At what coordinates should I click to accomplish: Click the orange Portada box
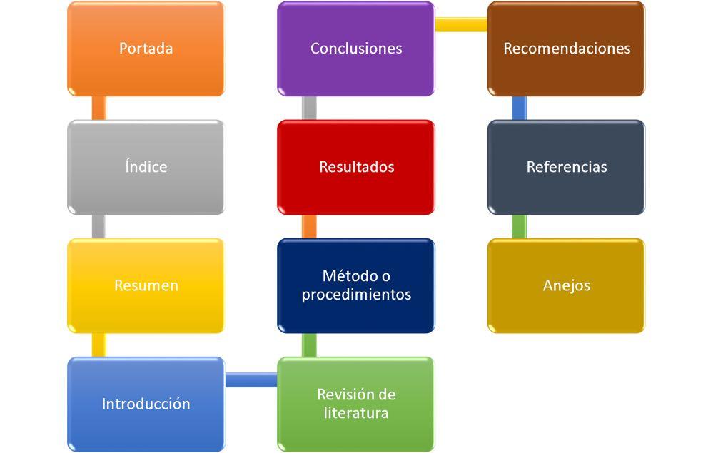click(x=146, y=49)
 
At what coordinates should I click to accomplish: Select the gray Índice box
click(x=146, y=167)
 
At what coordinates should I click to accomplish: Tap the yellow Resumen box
click(x=146, y=285)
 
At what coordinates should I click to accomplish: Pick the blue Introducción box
click(x=146, y=404)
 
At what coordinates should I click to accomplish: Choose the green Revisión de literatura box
click(x=355, y=404)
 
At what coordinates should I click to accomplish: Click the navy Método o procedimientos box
click(x=355, y=285)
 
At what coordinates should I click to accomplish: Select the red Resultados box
click(x=355, y=167)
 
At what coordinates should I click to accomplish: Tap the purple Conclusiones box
click(x=355, y=49)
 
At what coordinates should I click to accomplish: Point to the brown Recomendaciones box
click(x=566, y=49)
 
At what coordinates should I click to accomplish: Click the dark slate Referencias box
click(x=566, y=167)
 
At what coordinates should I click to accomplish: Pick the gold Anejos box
click(x=566, y=285)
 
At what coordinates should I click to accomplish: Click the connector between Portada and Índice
click(x=99, y=108)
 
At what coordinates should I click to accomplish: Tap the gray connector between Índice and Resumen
click(x=99, y=226)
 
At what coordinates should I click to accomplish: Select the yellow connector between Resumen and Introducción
click(x=99, y=345)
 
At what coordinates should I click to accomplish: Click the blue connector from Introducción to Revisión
click(x=251, y=380)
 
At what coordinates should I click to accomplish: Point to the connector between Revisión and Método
click(x=309, y=345)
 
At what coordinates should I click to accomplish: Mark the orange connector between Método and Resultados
click(x=309, y=226)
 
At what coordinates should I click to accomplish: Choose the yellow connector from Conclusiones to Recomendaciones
click(x=461, y=25)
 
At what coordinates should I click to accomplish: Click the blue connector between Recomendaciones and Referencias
click(x=520, y=108)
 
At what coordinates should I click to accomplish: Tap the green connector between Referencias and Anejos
click(x=520, y=226)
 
